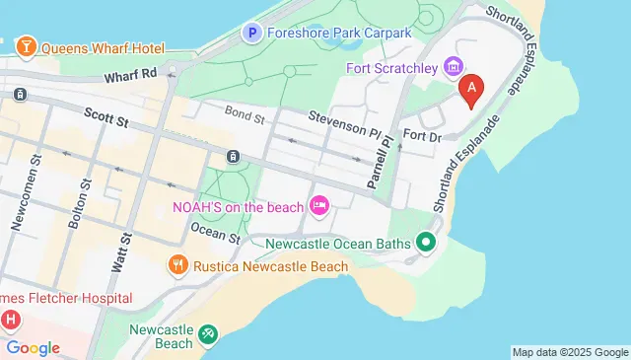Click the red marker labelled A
(471, 90)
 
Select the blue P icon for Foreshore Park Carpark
(251, 34)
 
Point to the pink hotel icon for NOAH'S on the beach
(318, 206)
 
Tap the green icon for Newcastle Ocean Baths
(426, 241)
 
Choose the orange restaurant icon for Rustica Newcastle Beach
(177, 265)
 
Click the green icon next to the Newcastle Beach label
(208, 335)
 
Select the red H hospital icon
(11, 319)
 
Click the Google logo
(33, 347)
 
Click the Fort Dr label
(421, 137)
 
